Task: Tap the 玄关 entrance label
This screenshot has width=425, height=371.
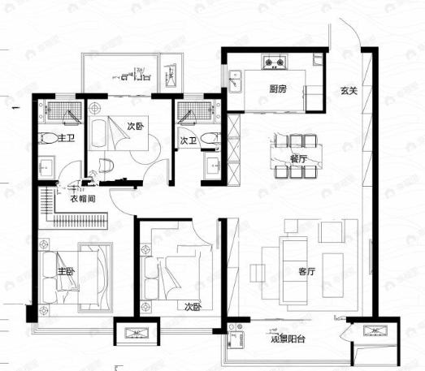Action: pyautogui.click(x=349, y=90)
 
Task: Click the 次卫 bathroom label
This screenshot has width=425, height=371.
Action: pyautogui.click(x=189, y=140)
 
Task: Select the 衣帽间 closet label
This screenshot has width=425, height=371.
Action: pyautogui.click(x=83, y=198)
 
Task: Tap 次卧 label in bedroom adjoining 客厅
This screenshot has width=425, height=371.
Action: pyautogui.click(x=192, y=306)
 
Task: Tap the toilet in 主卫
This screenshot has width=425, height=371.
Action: pyautogui.click(x=47, y=139)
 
